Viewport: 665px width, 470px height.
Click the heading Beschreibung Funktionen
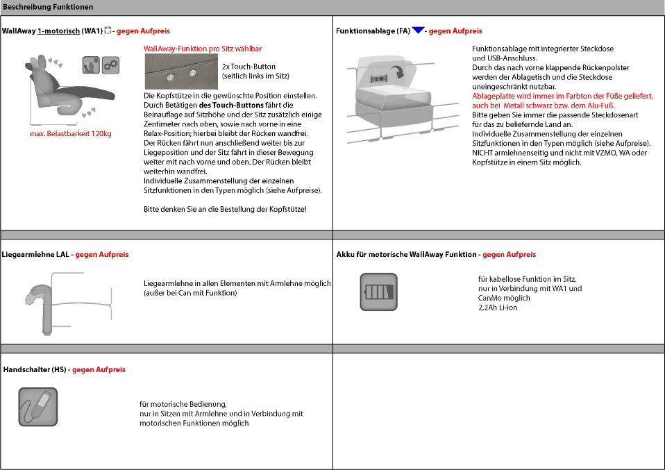pos(48,7)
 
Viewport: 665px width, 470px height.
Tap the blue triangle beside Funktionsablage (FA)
pos(418,31)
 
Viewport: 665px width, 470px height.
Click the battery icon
pos(378,292)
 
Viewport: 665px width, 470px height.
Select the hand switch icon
pos(38,407)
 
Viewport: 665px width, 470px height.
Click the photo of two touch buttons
pos(180,72)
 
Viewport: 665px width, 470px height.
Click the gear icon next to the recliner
pos(110,65)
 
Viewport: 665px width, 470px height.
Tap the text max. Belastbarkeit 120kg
pos(70,134)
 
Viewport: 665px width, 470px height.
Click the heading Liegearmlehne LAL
pos(37,255)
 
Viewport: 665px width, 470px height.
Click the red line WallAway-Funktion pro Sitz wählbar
pos(203,49)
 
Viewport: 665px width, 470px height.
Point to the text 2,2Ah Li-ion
pos(493,308)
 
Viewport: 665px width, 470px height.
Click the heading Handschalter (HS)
pos(35,370)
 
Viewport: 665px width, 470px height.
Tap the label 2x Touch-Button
pos(249,67)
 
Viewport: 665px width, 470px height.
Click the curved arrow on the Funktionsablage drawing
pos(398,72)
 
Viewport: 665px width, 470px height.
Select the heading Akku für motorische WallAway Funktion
pos(406,255)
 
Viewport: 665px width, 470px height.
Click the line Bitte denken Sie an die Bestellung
pos(224,209)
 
